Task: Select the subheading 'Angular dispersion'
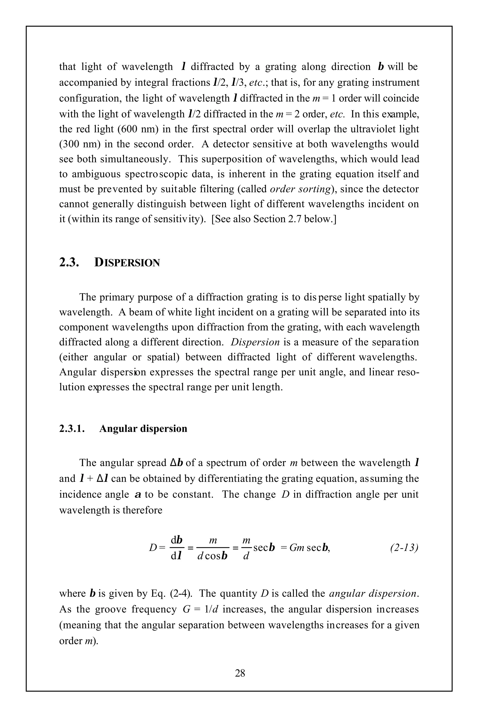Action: click(x=143, y=429)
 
